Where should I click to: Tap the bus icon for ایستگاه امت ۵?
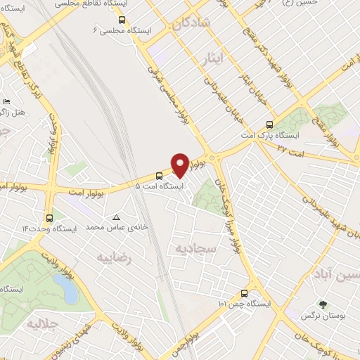(x=159, y=176)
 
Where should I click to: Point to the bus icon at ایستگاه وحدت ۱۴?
(x=49, y=218)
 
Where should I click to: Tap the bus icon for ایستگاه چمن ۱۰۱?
(x=244, y=293)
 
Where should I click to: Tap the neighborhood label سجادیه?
(x=193, y=248)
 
